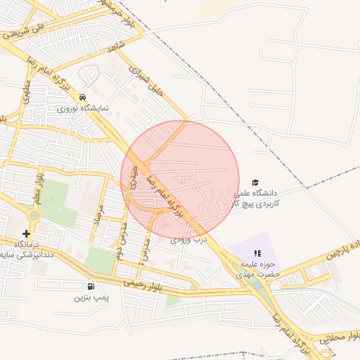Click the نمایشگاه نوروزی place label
[x=82, y=110]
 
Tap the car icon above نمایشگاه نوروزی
[x=83, y=97]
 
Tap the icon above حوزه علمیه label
[x=257, y=253]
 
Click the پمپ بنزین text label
[x=91, y=298]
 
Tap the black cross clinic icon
[x=26, y=233]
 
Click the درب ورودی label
[x=189, y=240]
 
